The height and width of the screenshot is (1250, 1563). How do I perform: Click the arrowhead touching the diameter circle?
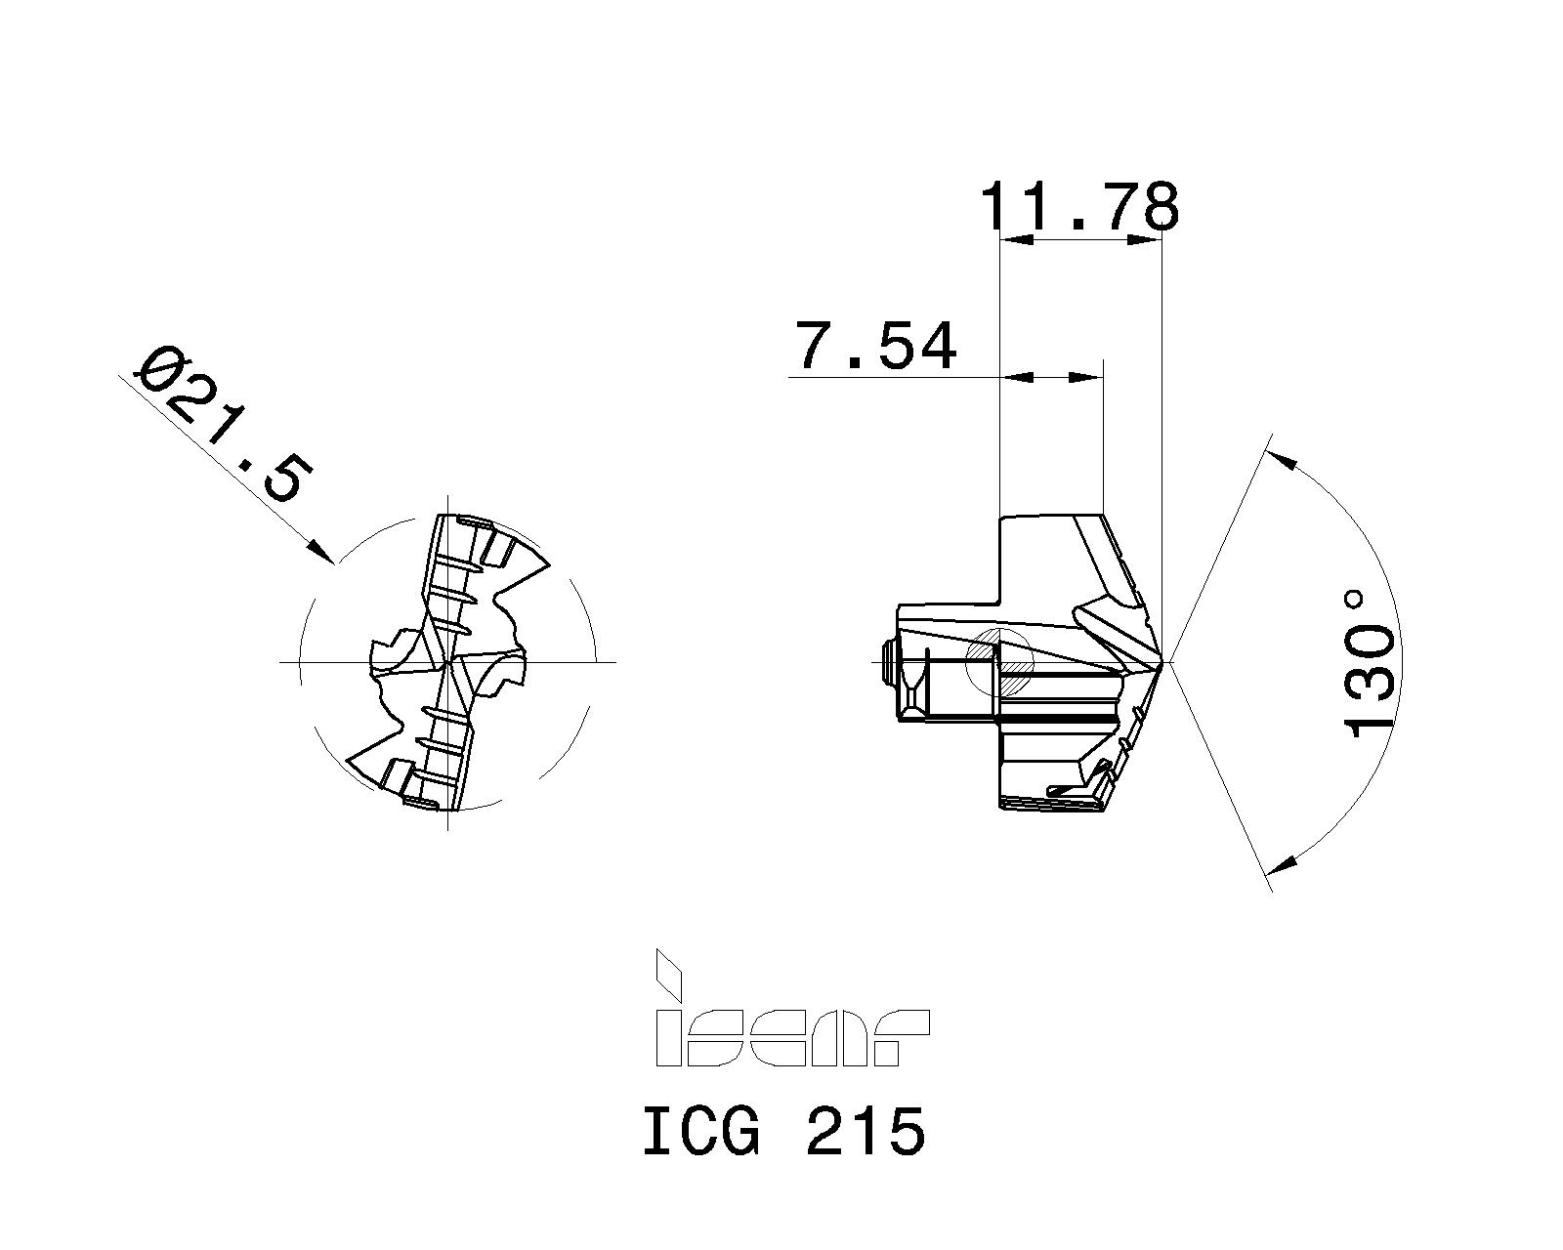(x=321, y=551)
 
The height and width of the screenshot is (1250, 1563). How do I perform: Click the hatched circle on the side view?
(x=998, y=661)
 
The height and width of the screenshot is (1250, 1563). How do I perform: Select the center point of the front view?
(x=446, y=662)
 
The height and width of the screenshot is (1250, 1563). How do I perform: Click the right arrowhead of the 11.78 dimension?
(x=1144, y=239)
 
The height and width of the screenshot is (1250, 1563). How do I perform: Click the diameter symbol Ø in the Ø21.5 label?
(x=156, y=369)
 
